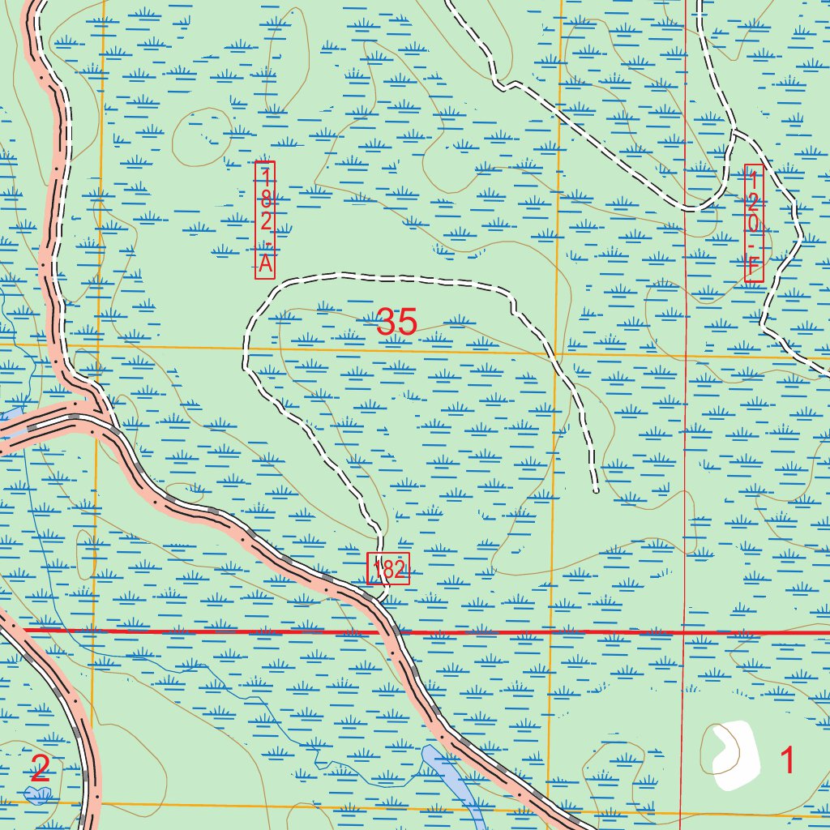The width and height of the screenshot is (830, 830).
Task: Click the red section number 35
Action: pyautogui.click(x=396, y=323)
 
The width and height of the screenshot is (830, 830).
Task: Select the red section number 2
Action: pyautogui.click(x=40, y=768)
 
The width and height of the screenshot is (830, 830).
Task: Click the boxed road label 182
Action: pyautogui.click(x=388, y=569)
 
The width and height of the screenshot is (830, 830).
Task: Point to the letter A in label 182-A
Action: pyautogui.click(x=265, y=263)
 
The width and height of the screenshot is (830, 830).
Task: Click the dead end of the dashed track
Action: pyautogui.click(x=596, y=490)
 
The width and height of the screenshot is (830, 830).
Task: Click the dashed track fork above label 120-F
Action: pyautogui.click(x=734, y=130)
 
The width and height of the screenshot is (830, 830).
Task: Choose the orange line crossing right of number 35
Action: pyautogui.click(x=556, y=354)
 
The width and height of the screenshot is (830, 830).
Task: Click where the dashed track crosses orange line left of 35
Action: pyautogui.click(x=244, y=349)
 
